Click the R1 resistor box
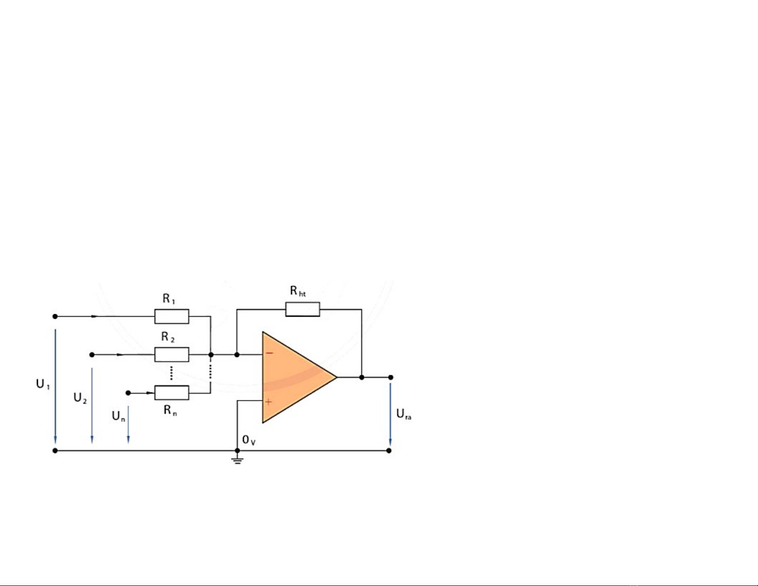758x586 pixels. click(x=172, y=316)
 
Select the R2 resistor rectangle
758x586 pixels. click(x=172, y=355)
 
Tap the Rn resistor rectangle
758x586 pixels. click(x=172, y=393)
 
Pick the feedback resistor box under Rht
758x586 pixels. click(x=302, y=310)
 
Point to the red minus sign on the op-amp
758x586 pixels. click(x=269, y=354)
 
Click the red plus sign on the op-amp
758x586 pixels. click(x=268, y=402)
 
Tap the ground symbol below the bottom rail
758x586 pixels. click(x=237, y=460)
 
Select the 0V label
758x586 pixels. click(x=249, y=440)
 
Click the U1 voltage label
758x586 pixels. click(x=43, y=384)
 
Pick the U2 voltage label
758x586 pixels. click(x=80, y=398)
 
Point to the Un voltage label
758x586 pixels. click(x=118, y=416)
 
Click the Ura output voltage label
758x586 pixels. click(x=404, y=414)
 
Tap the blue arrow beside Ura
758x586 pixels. click(x=390, y=414)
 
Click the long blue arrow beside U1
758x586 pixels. click(x=55, y=386)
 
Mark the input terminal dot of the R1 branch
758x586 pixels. click(x=55, y=316)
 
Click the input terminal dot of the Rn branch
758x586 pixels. click(x=128, y=393)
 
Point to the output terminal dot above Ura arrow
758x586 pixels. click(x=391, y=377)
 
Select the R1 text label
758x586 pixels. click(x=169, y=299)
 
